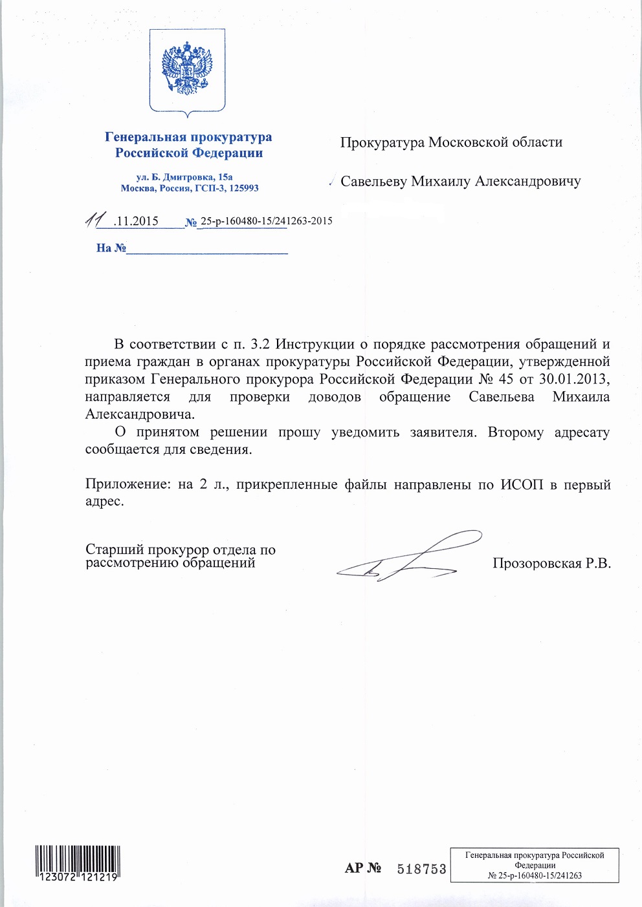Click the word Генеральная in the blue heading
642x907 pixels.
coord(144,137)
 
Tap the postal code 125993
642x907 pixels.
coord(243,188)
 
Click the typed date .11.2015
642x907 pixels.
coord(135,221)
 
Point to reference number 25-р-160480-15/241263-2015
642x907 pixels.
coord(266,221)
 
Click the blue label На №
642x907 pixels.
coord(111,248)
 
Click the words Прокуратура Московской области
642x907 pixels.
coord(451,142)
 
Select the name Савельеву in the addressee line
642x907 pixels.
coord(373,182)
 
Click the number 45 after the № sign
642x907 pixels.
coord(505,379)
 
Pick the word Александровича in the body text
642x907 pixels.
coord(140,414)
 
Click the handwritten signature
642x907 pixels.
coord(408,556)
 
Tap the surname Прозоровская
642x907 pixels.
coord(537,564)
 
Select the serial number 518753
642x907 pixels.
coord(421,870)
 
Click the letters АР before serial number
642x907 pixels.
coord(353,868)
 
